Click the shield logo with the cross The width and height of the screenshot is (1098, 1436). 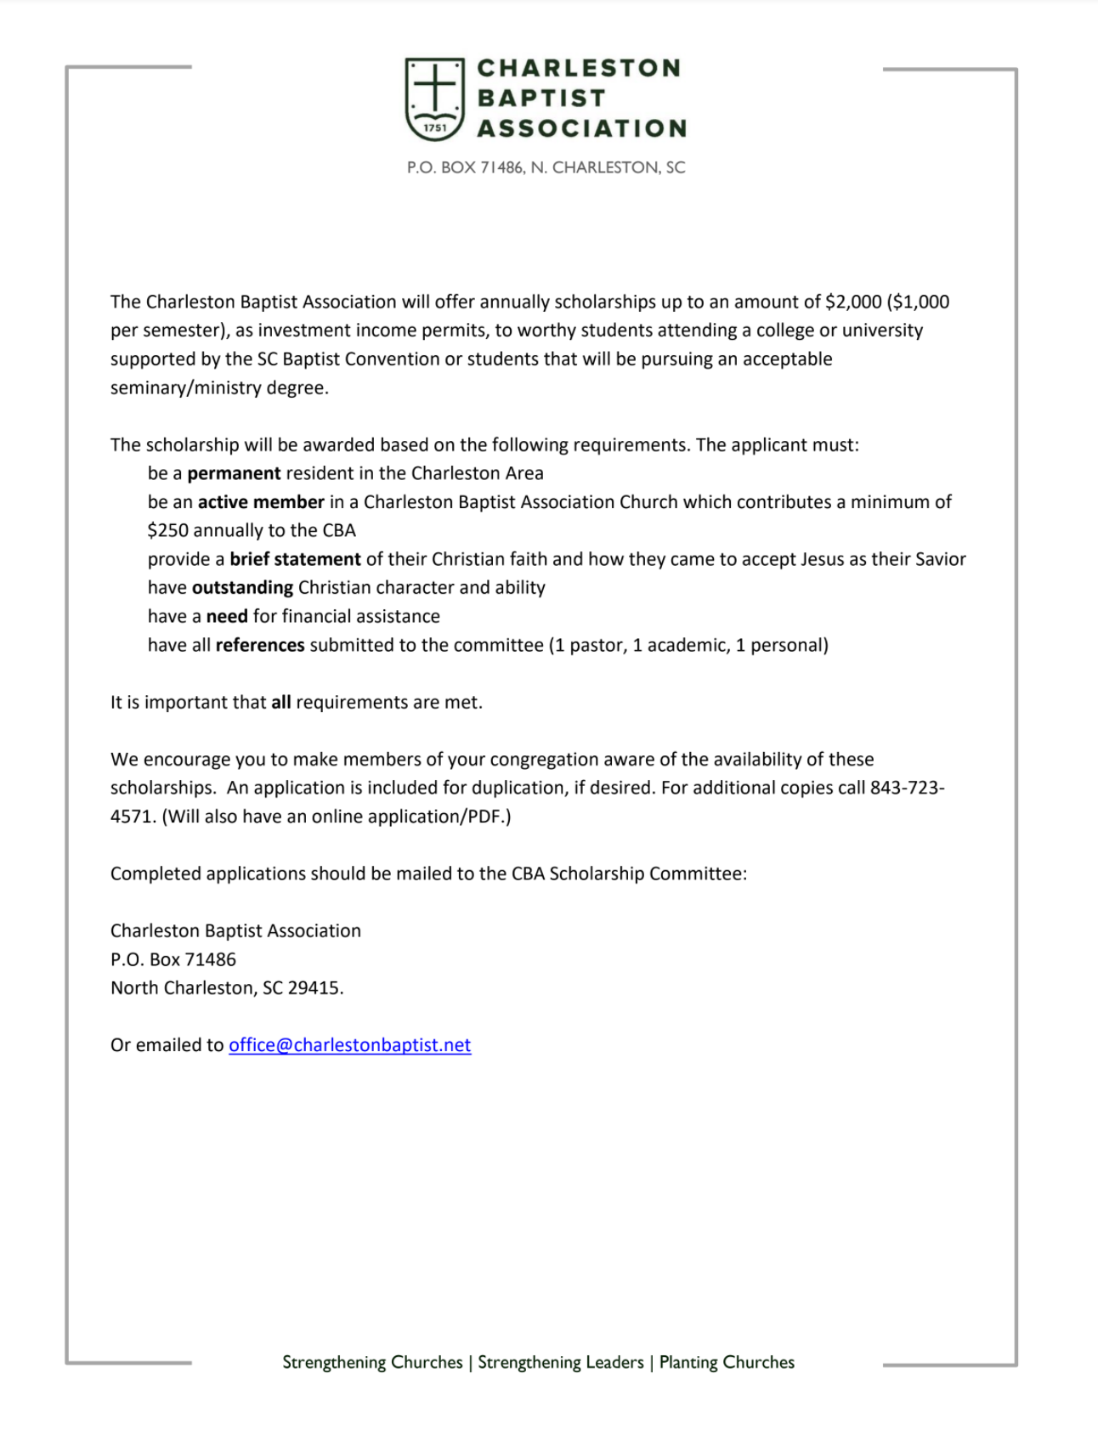(434, 98)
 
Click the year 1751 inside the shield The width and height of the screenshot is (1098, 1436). (434, 128)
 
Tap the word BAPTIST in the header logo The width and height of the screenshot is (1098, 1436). (541, 99)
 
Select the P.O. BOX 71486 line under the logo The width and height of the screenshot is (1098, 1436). (546, 167)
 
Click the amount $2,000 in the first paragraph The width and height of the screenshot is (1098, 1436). (853, 302)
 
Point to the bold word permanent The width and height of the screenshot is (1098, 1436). (234, 473)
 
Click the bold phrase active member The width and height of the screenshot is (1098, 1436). (261, 502)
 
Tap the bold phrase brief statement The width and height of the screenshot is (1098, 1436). (295, 559)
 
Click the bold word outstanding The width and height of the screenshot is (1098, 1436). (242, 588)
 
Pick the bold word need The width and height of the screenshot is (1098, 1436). (227, 616)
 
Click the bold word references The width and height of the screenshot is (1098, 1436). (260, 645)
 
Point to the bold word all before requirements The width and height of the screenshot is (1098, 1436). (280, 703)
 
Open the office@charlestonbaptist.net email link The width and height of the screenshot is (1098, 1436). (349, 1045)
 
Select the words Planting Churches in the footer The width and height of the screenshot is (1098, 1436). (727, 1362)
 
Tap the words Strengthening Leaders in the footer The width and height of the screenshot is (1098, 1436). (561, 1362)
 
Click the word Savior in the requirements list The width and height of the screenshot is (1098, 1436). (941, 559)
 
